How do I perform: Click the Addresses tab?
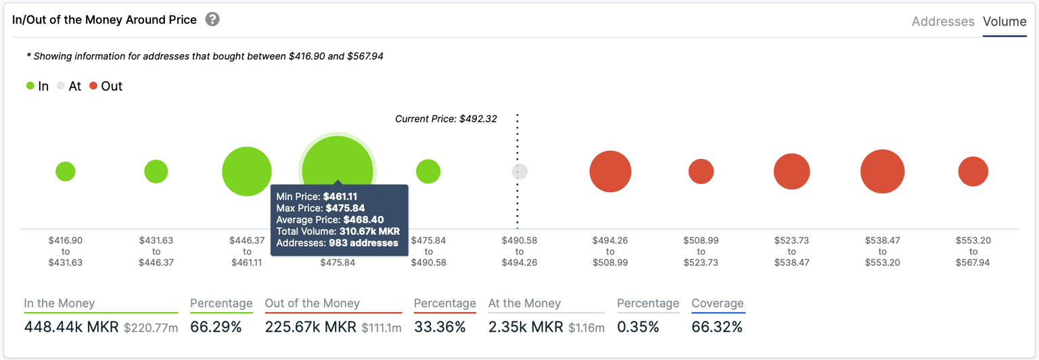pos(942,22)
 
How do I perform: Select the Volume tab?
pos(1005,22)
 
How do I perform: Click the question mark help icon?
pos(212,19)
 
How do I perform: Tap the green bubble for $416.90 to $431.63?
pos(66,171)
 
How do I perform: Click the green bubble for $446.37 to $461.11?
pos(247,171)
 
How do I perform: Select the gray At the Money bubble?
pos(519,171)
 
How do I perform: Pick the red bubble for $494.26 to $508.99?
pos(610,171)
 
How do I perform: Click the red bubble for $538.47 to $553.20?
pos(883,171)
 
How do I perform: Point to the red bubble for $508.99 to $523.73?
pos(701,171)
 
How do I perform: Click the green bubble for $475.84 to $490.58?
pos(428,171)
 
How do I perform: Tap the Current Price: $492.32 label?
pos(446,118)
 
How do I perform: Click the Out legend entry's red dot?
pos(93,86)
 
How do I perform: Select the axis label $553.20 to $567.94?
pos(973,251)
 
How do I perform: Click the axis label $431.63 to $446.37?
pos(156,251)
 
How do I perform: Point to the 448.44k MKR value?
pos(70,328)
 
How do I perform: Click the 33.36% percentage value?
pos(440,328)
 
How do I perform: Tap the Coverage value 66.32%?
pos(717,328)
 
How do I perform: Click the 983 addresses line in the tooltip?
pos(338,243)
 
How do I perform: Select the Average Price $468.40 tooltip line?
pos(330,220)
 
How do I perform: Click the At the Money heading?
pos(524,304)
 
